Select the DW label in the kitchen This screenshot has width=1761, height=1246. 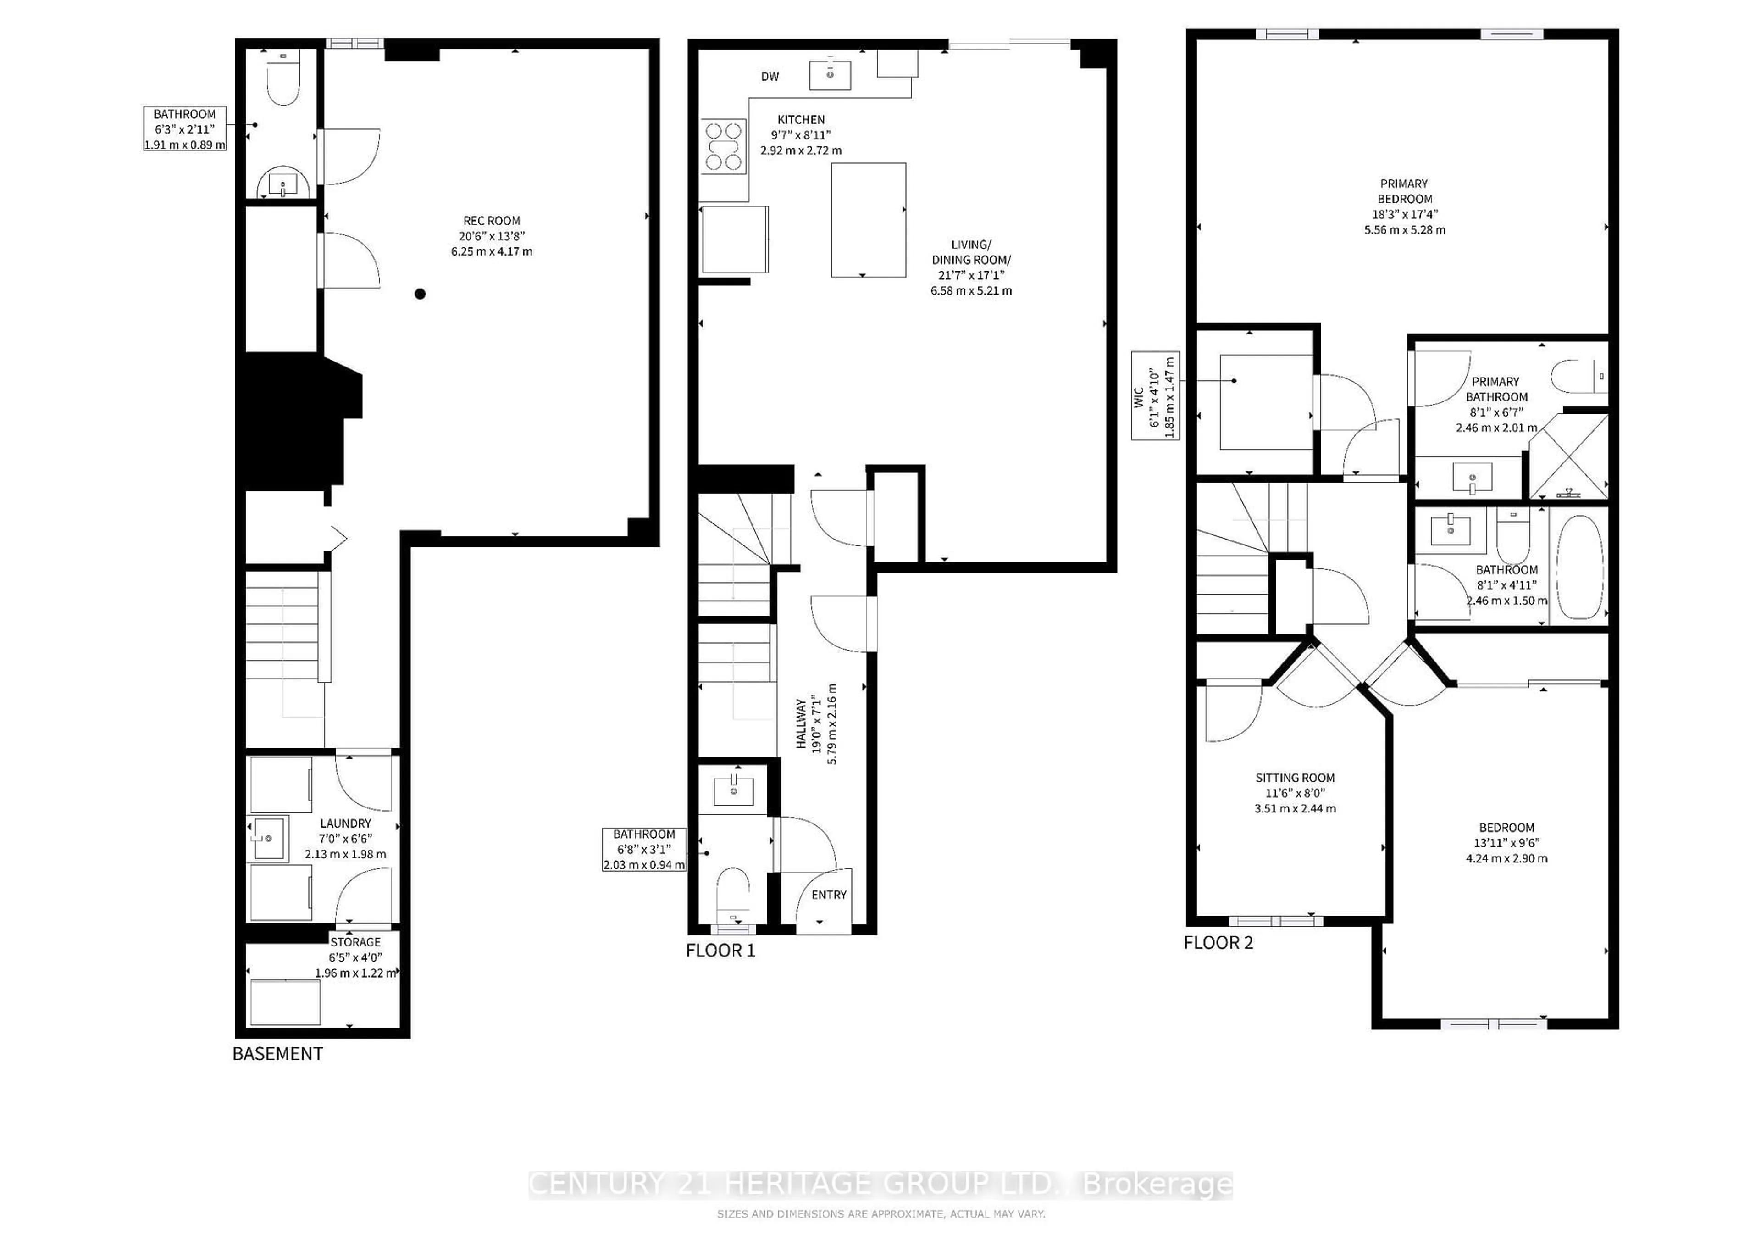point(770,77)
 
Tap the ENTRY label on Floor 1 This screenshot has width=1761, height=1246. point(829,895)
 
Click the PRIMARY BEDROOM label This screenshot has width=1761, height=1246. point(1404,191)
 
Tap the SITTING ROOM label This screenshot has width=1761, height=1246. point(1295,777)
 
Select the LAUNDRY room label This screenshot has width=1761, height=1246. point(345,823)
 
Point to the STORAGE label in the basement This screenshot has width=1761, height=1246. point(355,942)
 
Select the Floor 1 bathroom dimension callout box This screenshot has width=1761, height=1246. point(644,849)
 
